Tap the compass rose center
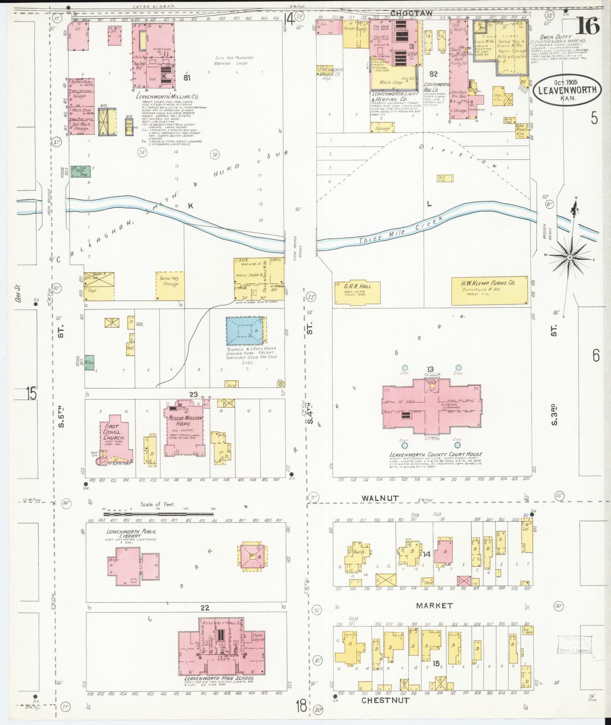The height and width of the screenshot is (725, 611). [569, 257]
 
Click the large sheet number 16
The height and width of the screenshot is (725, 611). [588, 26]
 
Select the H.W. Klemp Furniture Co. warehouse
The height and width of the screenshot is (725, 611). [489, 290]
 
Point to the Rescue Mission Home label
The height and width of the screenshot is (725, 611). [184, 421]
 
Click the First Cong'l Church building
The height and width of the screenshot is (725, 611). [116, 440]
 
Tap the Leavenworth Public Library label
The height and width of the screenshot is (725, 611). [131, 534]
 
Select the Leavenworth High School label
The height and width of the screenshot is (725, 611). [219, 678]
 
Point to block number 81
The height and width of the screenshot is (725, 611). [186, 78]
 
